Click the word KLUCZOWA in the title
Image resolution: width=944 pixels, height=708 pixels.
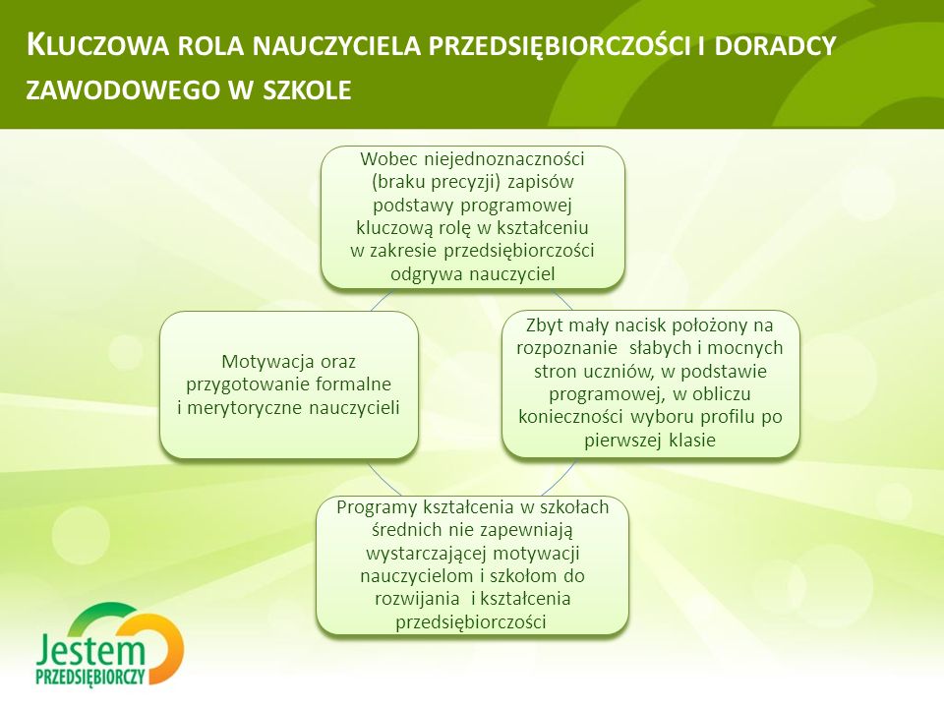point(98,46)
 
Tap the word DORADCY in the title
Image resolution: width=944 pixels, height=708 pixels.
point(776,46)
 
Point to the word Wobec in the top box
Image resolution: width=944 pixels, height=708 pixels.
point(389,159)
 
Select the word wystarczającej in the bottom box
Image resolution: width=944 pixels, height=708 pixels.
point(427,554)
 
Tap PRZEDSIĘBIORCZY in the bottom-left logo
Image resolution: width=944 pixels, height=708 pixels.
point(90,677)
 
